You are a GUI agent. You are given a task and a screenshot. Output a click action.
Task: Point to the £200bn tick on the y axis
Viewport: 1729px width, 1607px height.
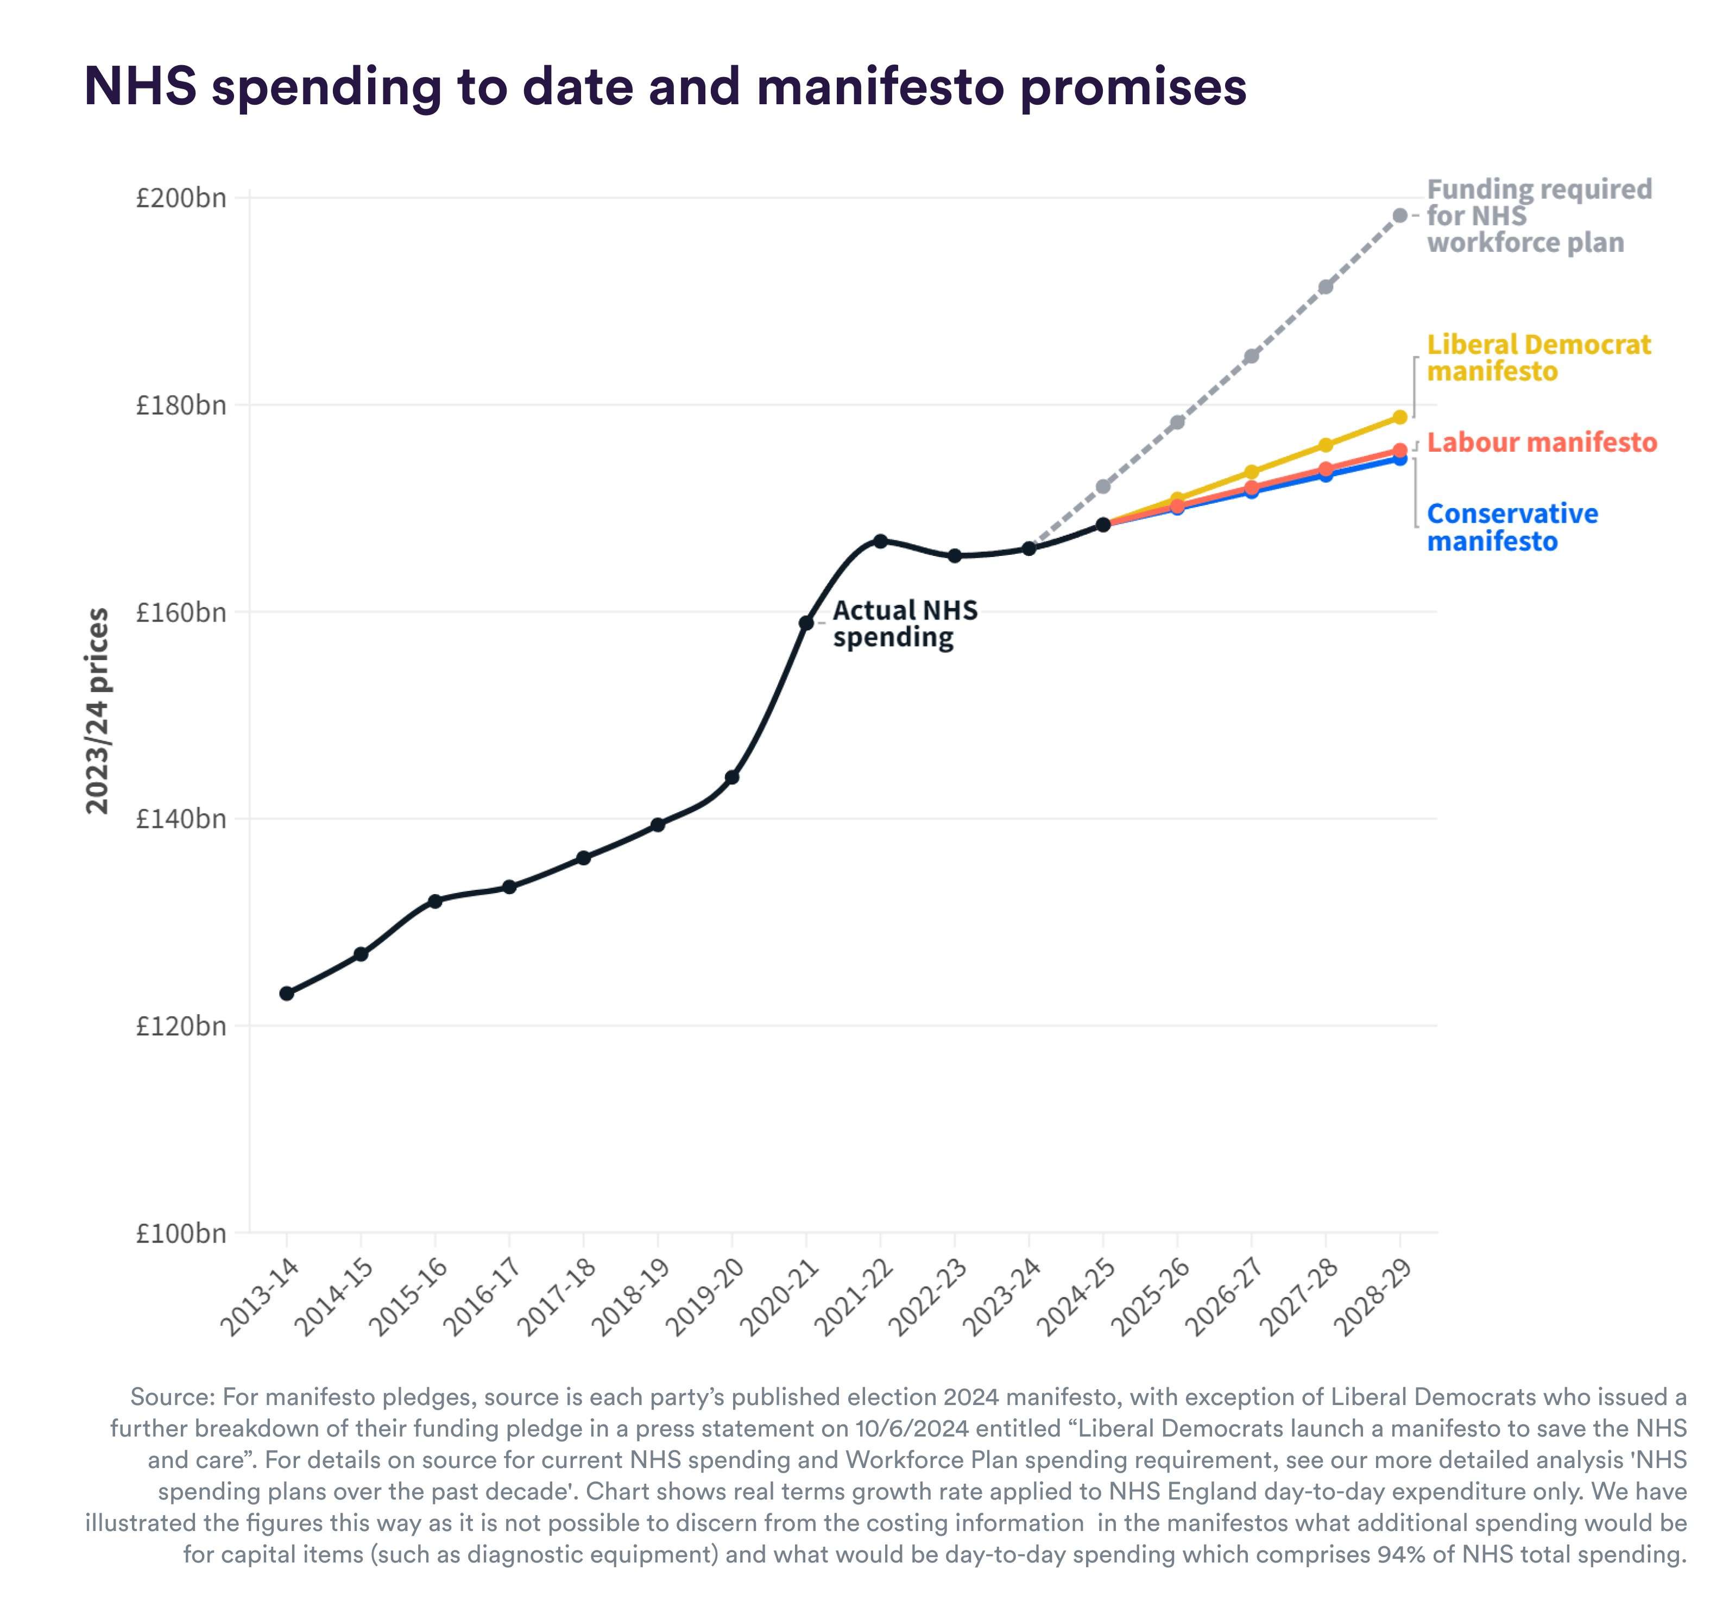[181, 198]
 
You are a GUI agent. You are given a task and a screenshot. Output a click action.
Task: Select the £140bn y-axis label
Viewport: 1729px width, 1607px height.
[181, 819]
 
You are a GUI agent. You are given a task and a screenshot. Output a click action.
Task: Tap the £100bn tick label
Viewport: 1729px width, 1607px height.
[181, 1233]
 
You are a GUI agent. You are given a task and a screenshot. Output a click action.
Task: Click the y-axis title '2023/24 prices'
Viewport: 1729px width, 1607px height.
[97, 711]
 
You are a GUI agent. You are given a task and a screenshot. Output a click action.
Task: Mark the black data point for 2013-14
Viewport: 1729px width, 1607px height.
[287, 993]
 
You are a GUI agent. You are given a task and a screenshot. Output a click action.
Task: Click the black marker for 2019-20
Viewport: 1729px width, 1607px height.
[733, 776]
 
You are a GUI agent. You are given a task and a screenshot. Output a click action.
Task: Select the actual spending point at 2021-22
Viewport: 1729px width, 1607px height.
[880, 541]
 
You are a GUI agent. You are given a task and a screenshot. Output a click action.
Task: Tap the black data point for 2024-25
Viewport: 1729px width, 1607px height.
[1103, 524]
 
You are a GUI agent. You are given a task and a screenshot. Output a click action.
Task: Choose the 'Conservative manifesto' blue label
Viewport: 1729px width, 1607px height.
[1512, 527]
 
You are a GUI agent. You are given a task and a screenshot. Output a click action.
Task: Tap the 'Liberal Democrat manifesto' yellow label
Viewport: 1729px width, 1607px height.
[1538, 357]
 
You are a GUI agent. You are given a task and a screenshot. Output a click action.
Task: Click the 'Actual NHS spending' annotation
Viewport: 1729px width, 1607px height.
[905, 623]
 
